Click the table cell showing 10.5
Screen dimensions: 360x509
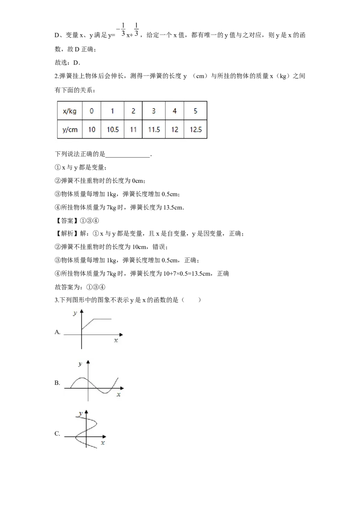pos(112,129)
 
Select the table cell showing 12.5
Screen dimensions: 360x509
pos(196,129)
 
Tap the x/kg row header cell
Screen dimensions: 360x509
pos(70,111)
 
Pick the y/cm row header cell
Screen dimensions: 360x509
pos(70,129)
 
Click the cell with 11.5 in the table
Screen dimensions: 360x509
pos(154,129)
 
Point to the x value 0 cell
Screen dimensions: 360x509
pos(92,111)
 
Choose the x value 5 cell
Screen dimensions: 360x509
pos(196,111)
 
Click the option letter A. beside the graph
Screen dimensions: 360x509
pos(58,332)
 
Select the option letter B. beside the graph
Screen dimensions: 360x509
pos(57,383)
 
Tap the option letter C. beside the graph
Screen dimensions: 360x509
pos(57,434)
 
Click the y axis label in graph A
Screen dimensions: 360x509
pos(75,313)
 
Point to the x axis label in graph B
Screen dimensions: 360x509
pos(119,395)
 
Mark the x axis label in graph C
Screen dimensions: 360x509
pos(103,443)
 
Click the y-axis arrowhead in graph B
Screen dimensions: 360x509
pos(88,362)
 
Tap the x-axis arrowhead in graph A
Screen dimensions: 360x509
pos(121,335)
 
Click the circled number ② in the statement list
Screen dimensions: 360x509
pos(58,181)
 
